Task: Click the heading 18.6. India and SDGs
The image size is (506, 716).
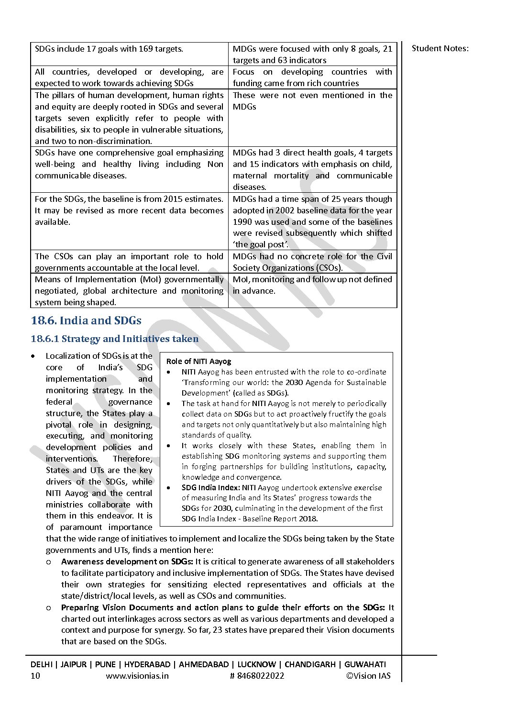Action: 86,320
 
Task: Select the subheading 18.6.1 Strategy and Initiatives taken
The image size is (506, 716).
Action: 114,339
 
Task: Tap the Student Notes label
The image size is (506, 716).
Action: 440,48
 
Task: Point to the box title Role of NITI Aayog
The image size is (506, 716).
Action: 198,361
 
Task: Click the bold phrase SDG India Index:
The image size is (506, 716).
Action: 210,487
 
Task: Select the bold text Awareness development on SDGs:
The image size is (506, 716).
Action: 127,562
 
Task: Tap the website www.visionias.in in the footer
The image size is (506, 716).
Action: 137,675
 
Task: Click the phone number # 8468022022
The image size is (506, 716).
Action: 257,675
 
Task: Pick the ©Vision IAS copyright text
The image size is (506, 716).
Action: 368,675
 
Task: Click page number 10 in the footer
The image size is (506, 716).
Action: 35,675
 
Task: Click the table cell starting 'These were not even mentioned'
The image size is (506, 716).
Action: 312,101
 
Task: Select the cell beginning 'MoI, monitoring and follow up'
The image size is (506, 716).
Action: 312,285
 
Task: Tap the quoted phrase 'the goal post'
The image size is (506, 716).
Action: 261,244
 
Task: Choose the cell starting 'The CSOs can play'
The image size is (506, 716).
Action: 129,262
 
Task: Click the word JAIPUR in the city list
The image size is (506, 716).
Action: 74,664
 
